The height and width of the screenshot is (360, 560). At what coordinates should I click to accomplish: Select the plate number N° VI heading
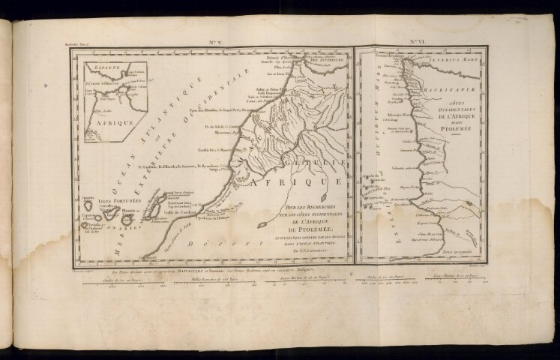coord(418,43)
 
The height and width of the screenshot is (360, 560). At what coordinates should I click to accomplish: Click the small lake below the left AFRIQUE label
coord(264,223)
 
